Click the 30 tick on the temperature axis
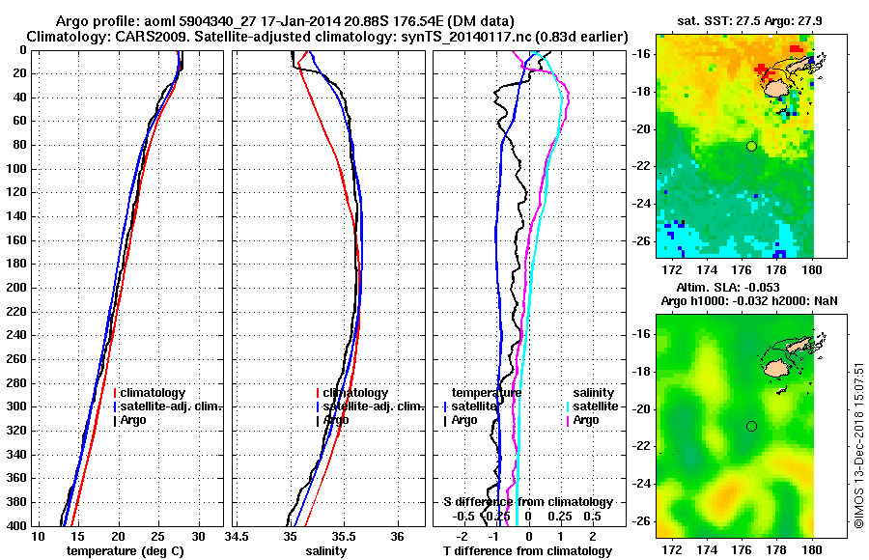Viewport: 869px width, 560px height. [x=198, y=537]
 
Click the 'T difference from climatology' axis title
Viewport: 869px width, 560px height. [x=527, y=551]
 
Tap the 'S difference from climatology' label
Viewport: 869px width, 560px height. [x=527, y=502]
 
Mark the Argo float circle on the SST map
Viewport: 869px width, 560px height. [x=751, y=146]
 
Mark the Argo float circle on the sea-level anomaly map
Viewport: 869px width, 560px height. [x=751, y=426]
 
